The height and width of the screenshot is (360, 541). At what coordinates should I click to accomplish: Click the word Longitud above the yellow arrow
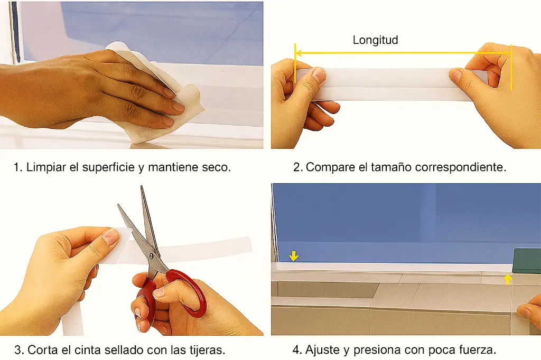[375, 40]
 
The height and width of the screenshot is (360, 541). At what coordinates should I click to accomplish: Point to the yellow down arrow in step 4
[294, 256]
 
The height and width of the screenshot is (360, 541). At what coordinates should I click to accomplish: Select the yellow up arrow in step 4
[507, 279]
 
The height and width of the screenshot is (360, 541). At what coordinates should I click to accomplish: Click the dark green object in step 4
[527, 261]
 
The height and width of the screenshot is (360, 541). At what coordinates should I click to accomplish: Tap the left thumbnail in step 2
[319, 74]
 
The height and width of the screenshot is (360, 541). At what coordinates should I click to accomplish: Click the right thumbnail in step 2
[456, 77]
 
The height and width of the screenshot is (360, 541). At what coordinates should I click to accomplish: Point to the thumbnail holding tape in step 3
[110, 236]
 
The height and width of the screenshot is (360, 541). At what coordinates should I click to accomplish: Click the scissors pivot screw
[153, 255]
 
